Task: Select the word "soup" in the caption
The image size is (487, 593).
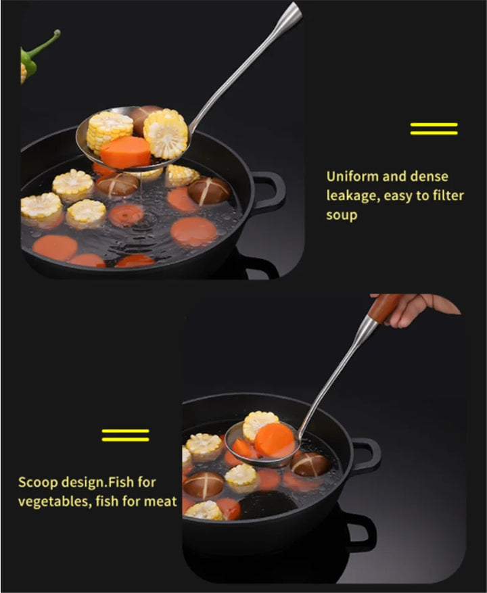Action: tap(342, 215)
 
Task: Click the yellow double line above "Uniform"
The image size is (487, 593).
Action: tap(434, 128)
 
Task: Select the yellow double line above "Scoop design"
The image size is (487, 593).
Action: tap(125, 435)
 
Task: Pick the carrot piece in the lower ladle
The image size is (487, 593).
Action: tap(274, 440)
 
